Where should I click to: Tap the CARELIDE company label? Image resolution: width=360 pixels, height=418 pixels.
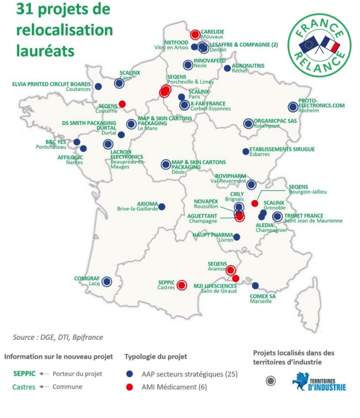(214, 31)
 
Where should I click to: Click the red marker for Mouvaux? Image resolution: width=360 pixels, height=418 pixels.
(196, 34)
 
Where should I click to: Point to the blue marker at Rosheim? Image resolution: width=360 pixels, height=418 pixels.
(292, 107)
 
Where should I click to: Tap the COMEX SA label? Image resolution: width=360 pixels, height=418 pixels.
(263, 295)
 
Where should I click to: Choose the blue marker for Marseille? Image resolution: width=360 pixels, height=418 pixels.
(256, 286)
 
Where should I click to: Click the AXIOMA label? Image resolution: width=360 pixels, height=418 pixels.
(148, 203)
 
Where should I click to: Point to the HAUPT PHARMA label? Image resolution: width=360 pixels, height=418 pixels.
(213, 235)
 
